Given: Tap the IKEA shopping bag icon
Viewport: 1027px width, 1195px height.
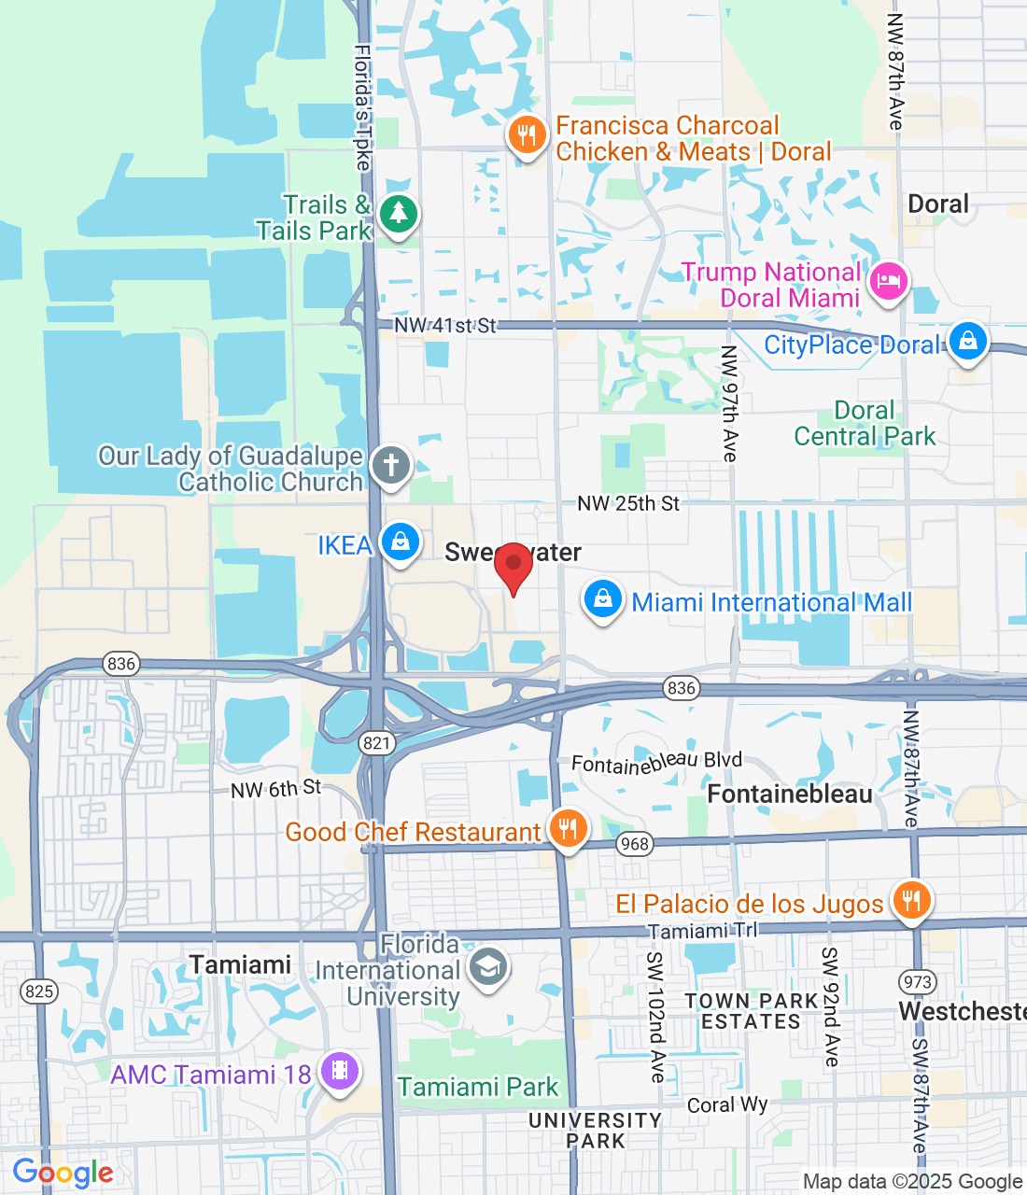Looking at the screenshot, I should [x=401, y=542].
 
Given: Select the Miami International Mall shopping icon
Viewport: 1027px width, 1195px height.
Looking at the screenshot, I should [x=603, y=599].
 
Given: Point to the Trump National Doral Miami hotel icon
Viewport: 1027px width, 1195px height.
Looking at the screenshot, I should [x=888, y=281].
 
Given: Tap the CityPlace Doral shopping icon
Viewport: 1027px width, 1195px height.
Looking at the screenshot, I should [x=968, y=342].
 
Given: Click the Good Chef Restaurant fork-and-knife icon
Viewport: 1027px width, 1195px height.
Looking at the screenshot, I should [x=568, y=828].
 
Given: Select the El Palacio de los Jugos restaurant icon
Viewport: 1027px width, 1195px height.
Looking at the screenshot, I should [x=911, y=900].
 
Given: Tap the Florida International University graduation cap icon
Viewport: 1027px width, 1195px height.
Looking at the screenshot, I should [x=487, y=967].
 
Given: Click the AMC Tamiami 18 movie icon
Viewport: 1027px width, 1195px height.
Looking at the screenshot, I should [x=340, y=1071].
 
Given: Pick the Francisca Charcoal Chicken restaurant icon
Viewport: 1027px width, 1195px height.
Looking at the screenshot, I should [x=527, y=136].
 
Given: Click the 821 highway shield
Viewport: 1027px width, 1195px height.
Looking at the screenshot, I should [x=377, y=743].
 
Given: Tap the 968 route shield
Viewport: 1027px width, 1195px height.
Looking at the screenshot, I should [x=634, y=844].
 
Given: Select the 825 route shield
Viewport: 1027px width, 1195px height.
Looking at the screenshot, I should [x=39, y=991].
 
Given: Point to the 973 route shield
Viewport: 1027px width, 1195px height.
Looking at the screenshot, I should [x=918, y=981].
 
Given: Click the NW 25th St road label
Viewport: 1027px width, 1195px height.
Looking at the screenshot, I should [x=628, y=504].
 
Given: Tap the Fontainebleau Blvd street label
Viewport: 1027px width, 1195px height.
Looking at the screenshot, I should [x=656, y=762].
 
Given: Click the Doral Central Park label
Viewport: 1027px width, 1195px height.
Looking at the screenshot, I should [x=865, y=424].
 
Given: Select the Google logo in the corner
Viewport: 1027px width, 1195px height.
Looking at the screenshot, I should [x=63, y=1173].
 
